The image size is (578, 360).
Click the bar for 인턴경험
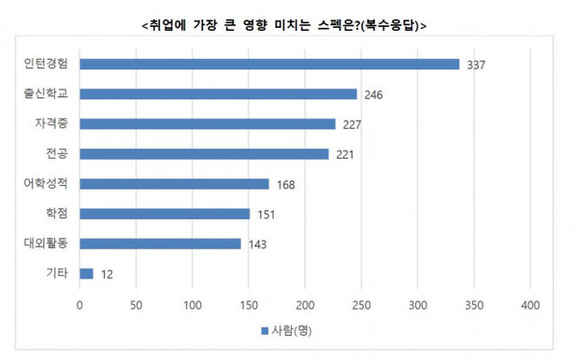click(x=270, y=64)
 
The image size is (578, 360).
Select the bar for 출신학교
click(x=219, y=94)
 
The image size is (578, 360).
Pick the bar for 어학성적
click(x=174, y=184)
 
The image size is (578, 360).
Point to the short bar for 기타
click(x=87, y=274)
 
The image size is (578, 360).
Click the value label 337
click(x=476, y=65)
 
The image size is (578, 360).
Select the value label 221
click(x=345, y=154)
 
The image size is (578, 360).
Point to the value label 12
click(x=106, y=274)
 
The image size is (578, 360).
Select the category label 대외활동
click(x=44, y=243)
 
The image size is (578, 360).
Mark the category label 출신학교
click(x=44, y=93)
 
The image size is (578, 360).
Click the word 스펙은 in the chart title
click(x=336, y=24)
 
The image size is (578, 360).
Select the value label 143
click(x=257, y=244)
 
